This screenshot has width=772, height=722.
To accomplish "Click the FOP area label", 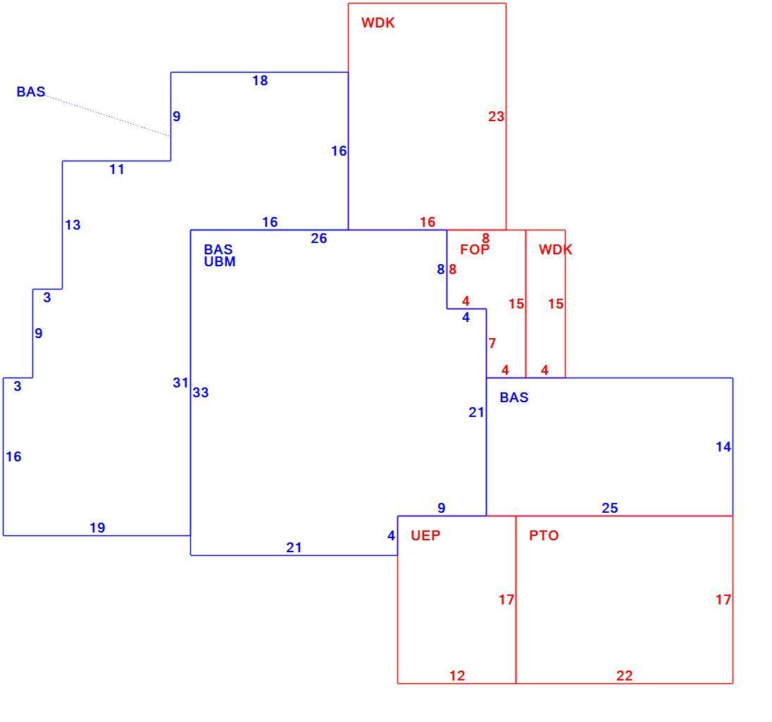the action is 475,249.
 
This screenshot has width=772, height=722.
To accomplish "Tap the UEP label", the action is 425,535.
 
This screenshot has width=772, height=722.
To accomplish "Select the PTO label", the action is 544,535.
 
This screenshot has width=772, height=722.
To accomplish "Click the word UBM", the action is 220,261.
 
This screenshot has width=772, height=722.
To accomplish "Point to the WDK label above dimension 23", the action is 378,23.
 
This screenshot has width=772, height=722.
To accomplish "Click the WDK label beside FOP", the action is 555,249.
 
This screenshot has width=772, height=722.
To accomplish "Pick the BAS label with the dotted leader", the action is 30,92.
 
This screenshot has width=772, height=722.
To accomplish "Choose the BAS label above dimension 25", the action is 514,397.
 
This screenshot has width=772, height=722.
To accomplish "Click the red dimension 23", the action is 497,116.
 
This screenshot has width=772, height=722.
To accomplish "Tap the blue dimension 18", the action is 260,80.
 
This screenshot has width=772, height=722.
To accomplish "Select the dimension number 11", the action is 117,170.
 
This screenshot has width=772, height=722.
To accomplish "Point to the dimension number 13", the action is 73,225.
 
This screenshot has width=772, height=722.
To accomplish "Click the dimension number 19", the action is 97,528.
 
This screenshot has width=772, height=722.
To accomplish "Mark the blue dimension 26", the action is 318,238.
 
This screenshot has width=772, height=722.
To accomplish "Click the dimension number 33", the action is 200,392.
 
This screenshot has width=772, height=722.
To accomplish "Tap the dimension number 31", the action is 181,382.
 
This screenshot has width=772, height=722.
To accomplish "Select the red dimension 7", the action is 492,343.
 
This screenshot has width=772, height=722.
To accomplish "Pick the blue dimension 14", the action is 723,447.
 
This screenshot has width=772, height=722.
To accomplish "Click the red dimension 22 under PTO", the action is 624,676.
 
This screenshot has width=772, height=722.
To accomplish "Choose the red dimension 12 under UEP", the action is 457,676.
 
